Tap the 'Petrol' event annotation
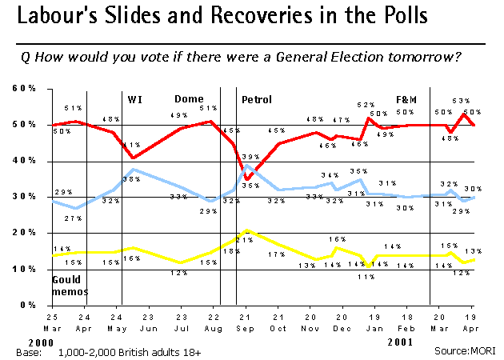[x=257, y=100]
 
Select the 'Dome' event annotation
[x=189, y=100]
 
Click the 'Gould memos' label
[x=66, y=286]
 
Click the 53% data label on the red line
[x=461, y=101]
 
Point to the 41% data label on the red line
[x=128, y=145]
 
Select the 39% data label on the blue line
[x=250, y=157]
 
